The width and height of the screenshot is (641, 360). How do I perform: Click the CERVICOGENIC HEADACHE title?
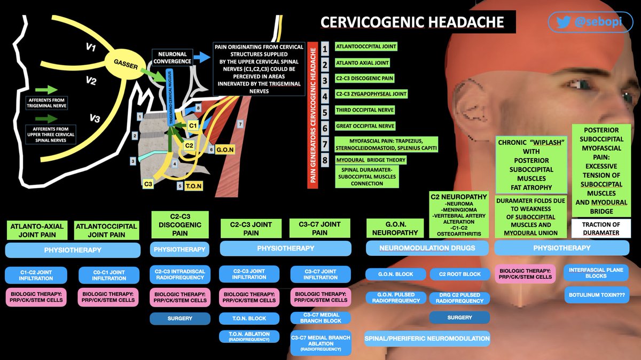pyautogui.click(x=412, y=22)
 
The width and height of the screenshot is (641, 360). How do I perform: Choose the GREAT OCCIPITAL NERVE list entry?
pyautogui.click(x=365, y=126)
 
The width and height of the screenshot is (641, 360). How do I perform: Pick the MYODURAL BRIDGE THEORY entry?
pyautogui.click(x=370, y=160)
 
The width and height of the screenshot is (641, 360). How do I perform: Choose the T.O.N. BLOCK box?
pyautogui.click(x=249, y=318)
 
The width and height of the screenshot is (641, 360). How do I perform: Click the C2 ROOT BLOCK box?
pyautogui.click(x=459, y=274)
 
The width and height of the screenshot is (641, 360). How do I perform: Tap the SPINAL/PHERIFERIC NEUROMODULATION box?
pyautogui.click(x=427, y=338)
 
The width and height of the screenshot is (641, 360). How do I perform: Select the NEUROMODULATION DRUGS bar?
pyautogui.click(x=427, y=248)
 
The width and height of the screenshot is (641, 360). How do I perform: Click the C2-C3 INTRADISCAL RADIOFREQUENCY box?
pyautogui.click(x=179, y=274)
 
